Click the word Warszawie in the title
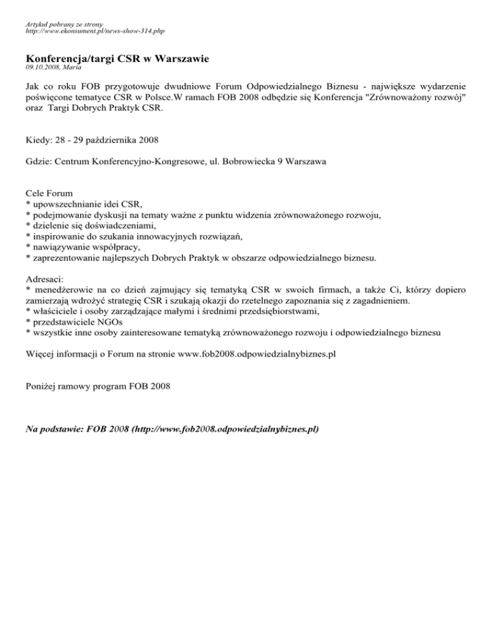pyautogui.click(x=179, y=59)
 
